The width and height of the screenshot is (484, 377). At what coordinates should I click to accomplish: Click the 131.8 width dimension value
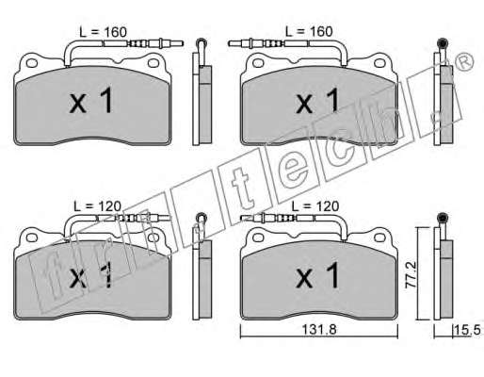pyautogui.click(x=319, y=330)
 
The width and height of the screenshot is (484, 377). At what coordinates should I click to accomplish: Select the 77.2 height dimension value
pyautogui.click(x=411, y=274)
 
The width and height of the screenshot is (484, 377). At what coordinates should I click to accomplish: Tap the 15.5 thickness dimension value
pyautogui.click(x=467, y=330)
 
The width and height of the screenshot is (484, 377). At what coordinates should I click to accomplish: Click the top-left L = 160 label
pyautogui.click(x=103, y=32)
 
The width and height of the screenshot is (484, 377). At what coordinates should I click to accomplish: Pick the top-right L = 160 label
pyautogui.click(x=309, y=31)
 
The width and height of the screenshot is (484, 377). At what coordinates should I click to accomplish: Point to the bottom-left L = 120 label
pyautogui.click(x=97, y=206)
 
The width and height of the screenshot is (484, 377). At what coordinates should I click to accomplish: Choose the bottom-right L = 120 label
pyautogui.click(x=315, y=206)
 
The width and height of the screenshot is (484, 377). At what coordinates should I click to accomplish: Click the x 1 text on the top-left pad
pyautogui.click(x=91, y=101)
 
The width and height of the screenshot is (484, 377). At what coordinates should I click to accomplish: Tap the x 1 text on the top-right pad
pyautogui.click(x=317, y=101)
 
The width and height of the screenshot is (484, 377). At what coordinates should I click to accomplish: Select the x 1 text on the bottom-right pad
pyautogui.click(x=317, y=275)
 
